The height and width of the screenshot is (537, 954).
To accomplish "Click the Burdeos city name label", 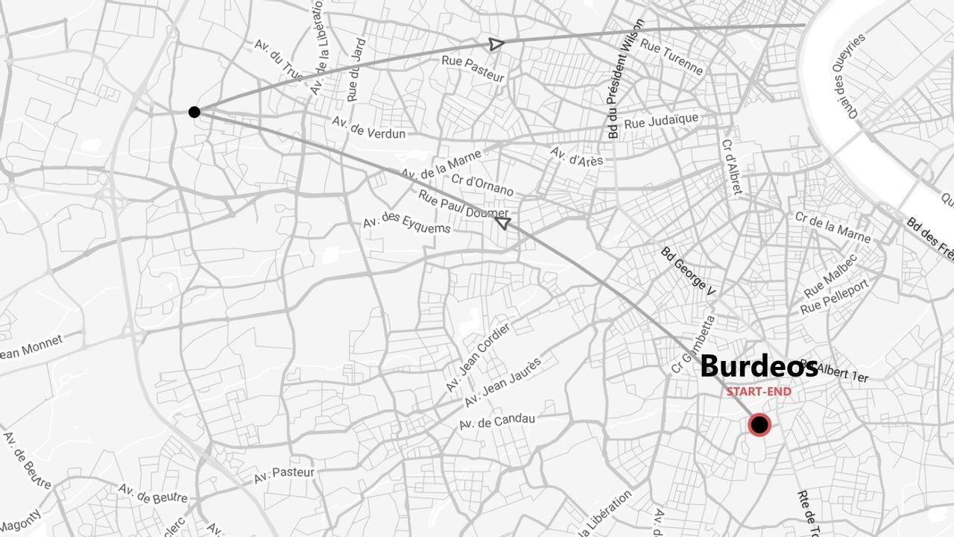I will (x=759, y=366).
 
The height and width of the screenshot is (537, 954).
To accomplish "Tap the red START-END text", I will (x=759, y=392).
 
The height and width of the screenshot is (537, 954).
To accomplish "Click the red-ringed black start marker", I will (x=759, y=425).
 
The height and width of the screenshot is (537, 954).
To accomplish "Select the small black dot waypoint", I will (x=195, y=112).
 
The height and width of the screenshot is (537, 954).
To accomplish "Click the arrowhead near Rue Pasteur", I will (x=496, y=44).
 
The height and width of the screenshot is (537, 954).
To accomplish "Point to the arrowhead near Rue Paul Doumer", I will (x=503, y=222).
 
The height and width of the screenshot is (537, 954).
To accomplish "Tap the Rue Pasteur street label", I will (x=473, y=69).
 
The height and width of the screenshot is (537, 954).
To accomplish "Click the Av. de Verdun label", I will (x=369, y=128).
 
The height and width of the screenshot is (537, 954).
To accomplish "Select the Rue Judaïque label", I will (x=661, y=120).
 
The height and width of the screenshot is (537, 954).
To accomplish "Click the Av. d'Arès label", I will (x=576, y=156).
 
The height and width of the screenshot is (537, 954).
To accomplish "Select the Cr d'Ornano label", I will (x=482, y=184).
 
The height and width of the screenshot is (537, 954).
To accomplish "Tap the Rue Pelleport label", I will (x=835, y=297).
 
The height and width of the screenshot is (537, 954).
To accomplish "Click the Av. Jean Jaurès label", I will (x=502, y=382).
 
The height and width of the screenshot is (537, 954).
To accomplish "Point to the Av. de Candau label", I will (x=497, y=422).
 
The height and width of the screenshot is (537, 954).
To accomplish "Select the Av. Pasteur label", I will (x=284, y=474).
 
